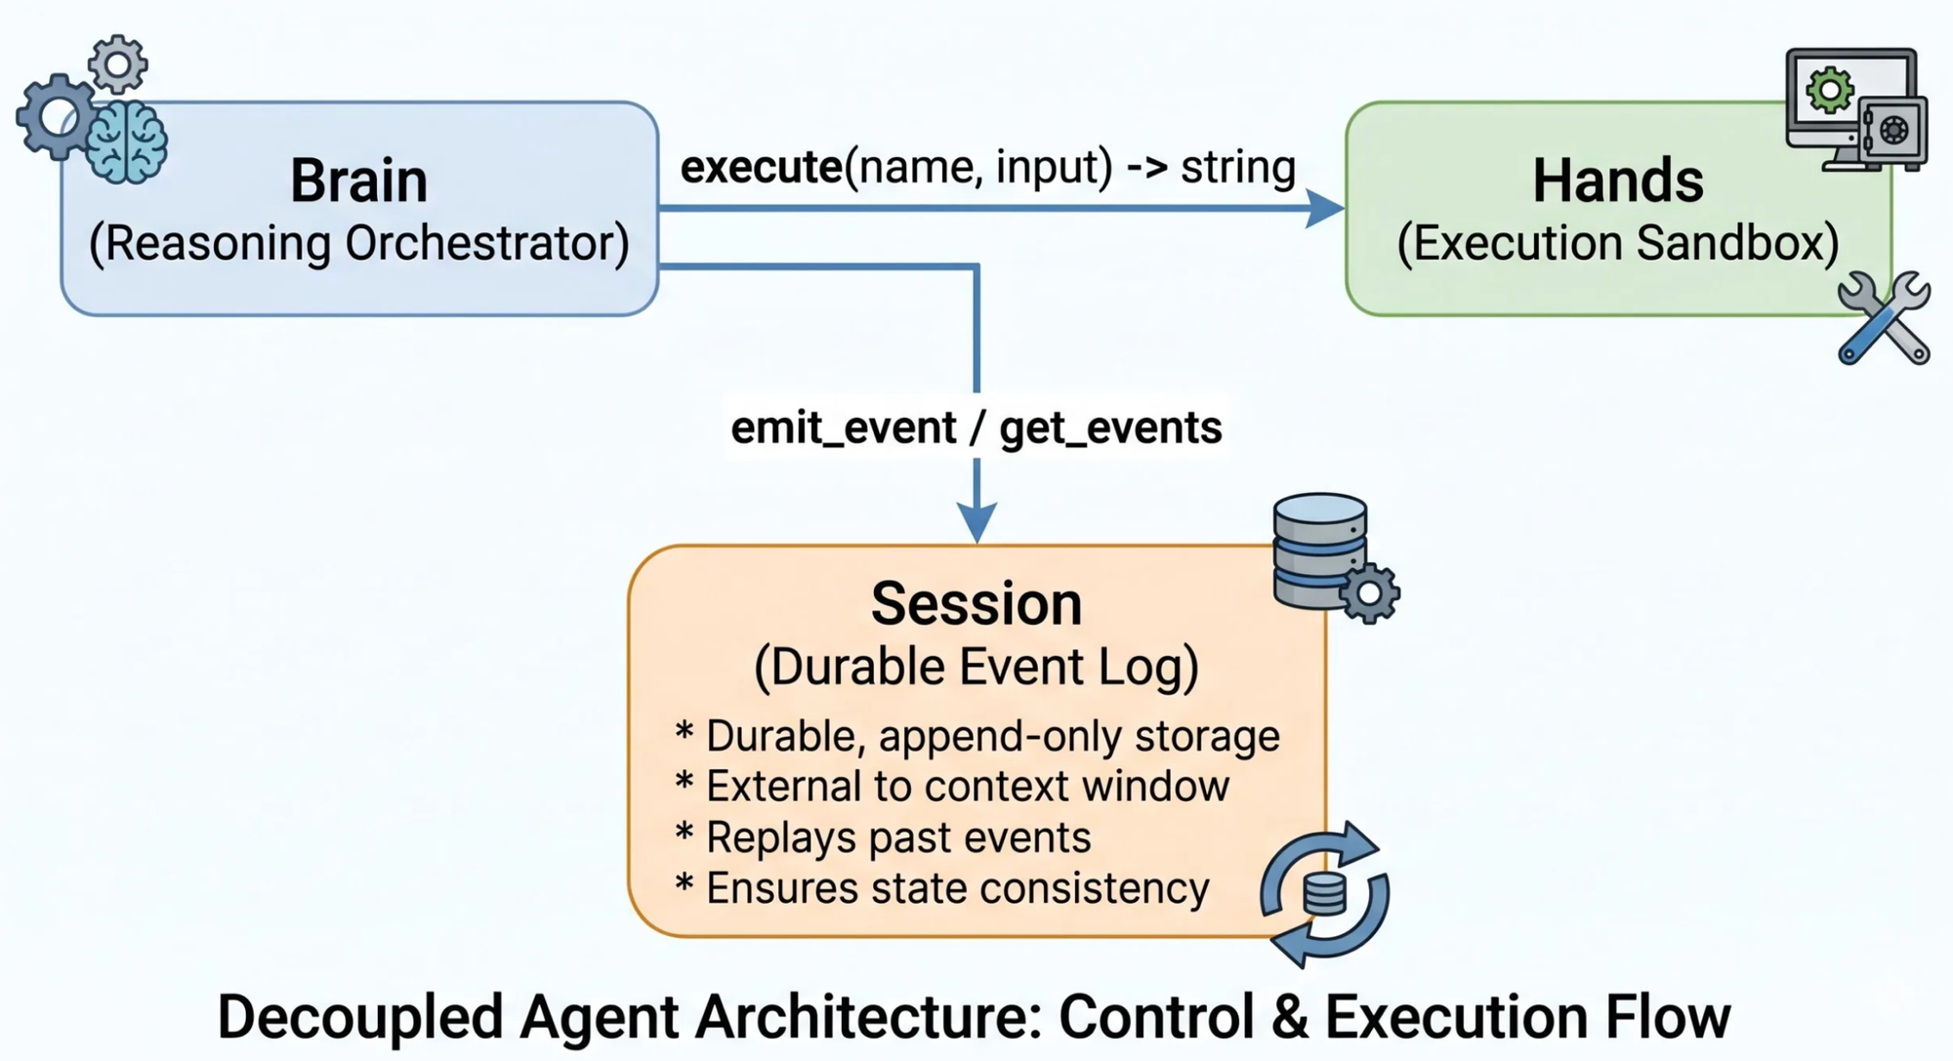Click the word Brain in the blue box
(358, 182)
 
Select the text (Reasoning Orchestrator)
(358, 244)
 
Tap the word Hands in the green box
(1617, 182)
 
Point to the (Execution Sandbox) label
(1617, 244)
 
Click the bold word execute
(761, 168)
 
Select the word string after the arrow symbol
(1237, 168)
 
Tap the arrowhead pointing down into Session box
(976, 522)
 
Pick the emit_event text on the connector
(843, 428)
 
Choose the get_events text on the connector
(1110, 428)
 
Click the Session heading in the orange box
(976, 604)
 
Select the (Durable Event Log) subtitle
(976, 669)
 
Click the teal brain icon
(126, 143)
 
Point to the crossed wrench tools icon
(1884, 318)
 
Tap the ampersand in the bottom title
(1289, 1018)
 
